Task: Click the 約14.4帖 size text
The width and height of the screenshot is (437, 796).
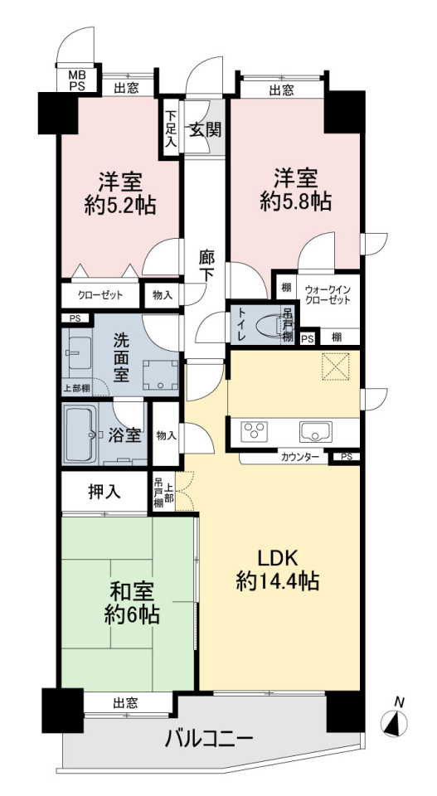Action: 278,580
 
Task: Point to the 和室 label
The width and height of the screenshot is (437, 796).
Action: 132,592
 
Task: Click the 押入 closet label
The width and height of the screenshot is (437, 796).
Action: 104,491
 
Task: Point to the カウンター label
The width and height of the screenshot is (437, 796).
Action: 300,457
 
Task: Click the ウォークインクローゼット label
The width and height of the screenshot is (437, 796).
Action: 328,294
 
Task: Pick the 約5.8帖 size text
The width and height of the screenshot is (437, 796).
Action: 296,202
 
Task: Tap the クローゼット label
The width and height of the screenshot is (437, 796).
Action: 100,295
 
